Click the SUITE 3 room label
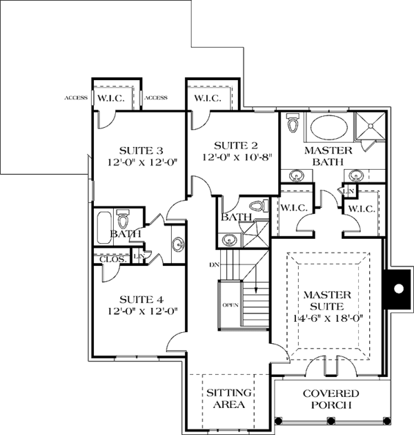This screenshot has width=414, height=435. (141, 151)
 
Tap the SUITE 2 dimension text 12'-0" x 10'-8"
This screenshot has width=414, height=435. (236, 157)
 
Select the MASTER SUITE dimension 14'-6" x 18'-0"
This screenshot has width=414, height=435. (328, 318)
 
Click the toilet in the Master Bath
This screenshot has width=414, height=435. (292, 122)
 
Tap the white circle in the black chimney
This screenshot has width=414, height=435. (398, 289)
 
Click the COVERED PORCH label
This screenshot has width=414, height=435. (331, 399)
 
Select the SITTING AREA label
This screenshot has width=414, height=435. (229, 398)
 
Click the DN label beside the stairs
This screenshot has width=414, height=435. (214, 265)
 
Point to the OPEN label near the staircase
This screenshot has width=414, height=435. (230, 305)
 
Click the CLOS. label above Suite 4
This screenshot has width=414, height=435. (113, 260)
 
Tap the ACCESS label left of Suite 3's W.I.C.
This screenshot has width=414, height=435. (76, 97)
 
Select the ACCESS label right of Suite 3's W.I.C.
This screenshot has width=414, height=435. (156, 97)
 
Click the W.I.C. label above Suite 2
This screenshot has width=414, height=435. (208, 98)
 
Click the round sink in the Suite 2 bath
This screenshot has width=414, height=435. (229, 240)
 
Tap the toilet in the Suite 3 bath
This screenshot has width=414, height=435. (123, 219)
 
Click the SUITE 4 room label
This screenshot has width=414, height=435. (141, 300)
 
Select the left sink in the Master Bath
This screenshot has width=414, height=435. (296, 176)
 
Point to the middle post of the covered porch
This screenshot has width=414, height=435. (331, 421)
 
